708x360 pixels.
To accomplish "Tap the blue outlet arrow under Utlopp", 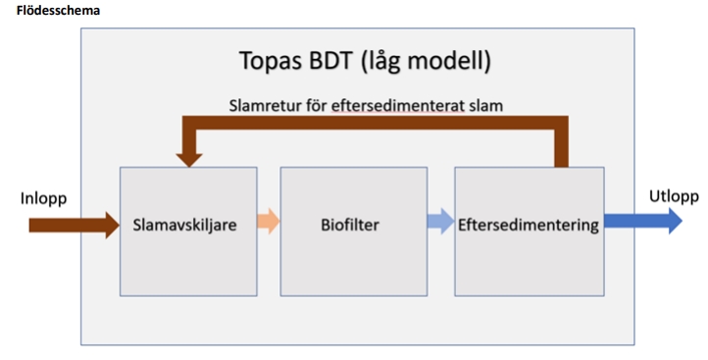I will (642, 222).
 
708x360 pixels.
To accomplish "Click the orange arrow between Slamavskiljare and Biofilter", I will (268, 223).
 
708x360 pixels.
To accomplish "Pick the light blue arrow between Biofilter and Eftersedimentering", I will (439, 223).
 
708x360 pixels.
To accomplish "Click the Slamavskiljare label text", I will (185, 225).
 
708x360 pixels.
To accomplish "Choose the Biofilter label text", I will (350, 225).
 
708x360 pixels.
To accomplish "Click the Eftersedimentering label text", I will (528, 225).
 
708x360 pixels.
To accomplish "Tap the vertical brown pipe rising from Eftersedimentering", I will (560, 147).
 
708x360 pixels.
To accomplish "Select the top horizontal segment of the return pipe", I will (373, 123).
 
